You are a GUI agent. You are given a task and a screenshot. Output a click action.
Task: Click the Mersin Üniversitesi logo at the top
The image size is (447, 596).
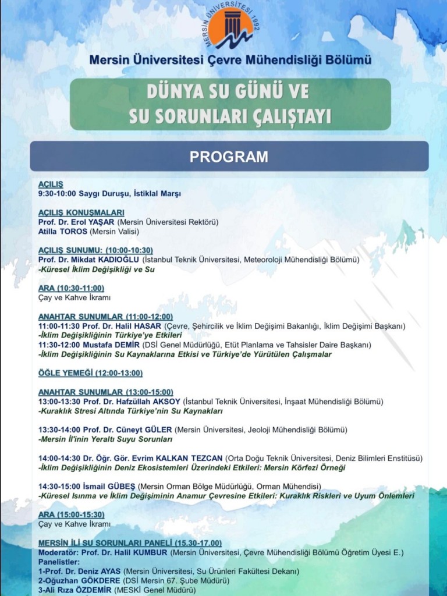pyautogui.click(x=231, y=27)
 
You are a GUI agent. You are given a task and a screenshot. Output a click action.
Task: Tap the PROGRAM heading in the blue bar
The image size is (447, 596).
pyautogui.click(x=229, y=157)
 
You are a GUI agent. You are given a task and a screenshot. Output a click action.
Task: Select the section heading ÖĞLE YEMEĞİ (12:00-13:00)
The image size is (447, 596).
pyautogui.click(x=90, y=373)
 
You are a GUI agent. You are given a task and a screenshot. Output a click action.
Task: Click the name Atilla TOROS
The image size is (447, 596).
pyautogui.click(x=63, y=231)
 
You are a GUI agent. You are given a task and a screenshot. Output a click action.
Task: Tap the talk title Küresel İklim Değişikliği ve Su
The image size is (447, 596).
pyautogui.click(x=97, y=269)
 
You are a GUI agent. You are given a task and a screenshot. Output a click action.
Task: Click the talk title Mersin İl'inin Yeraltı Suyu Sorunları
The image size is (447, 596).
pyautogui.click(x=105, y=439)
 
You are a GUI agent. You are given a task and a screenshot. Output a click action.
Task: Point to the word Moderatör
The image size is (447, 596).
pyautogui.click(x=58, y=552)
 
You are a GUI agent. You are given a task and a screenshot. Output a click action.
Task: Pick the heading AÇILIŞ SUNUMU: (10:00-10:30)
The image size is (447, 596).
pyautogui.click(x=95, y=250)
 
